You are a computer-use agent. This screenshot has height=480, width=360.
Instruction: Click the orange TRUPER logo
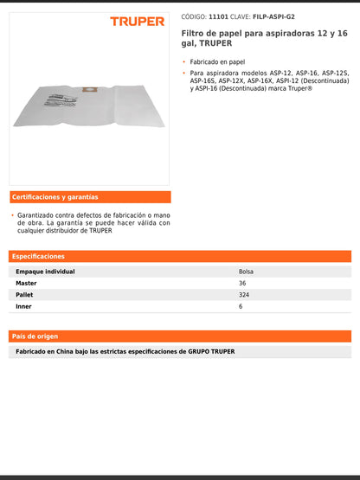(137, 21)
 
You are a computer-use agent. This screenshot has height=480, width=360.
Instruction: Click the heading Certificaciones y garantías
(55, 197)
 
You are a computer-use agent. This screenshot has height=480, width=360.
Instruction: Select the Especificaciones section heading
(38, 257)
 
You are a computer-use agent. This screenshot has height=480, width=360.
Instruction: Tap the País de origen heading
(35, 336)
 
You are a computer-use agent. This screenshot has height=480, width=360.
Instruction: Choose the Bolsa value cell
(246, 272)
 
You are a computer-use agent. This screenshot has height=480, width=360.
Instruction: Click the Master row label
(27, 283)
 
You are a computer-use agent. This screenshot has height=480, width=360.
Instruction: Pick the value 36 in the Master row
(241, 283)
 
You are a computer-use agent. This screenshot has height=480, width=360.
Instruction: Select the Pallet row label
(25, 294)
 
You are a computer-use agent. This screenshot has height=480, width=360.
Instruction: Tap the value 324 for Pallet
(243, 294)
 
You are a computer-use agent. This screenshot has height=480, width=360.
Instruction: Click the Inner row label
(24, 305)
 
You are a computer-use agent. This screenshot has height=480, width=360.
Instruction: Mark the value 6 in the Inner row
(240, 305)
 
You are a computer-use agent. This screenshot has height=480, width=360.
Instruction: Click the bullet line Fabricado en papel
(218, 62)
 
